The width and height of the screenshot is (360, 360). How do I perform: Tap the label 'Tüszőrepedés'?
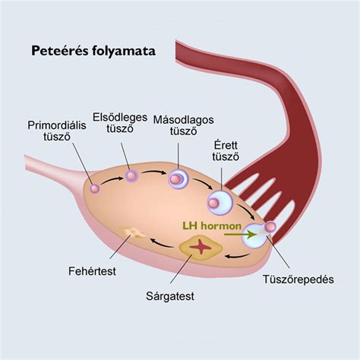pyautogui.click(x=298, y=279)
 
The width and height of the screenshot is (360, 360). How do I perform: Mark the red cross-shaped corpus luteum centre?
pyautogui.click(x=201, y=246)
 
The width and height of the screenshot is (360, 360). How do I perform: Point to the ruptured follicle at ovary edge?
pyautogui.click(x=254, y=238)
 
